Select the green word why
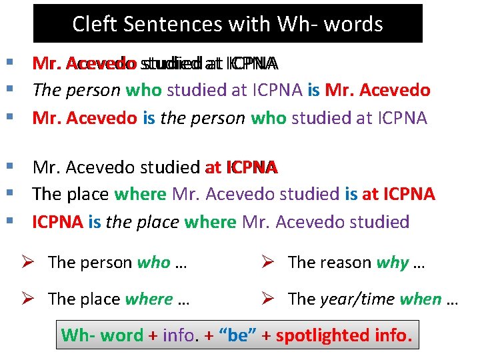pyautogui.click(x=392, y=263)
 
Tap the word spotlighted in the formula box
pyautogui.click(x=313, y=335)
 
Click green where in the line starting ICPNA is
pyautogui.click(x=211, y=222)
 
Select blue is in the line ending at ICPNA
pyautogui.click(x=351, y=195)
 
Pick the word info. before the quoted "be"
pyautogui.click(x=179, y=335)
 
